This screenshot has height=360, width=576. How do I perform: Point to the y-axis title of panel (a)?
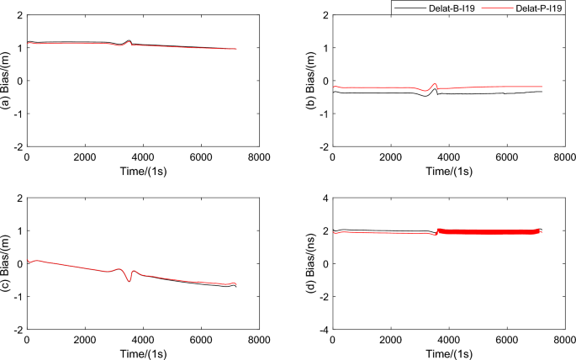[6, 81]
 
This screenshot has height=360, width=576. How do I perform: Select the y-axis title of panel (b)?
[311, 81]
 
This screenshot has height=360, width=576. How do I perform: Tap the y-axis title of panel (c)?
[6, 263]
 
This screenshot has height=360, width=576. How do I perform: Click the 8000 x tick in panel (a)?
[259, 156]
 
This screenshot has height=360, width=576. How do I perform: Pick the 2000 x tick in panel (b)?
[391, 156]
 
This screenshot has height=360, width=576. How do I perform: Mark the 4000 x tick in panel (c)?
[143, 339]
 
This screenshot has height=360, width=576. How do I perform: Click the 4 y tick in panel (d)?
[325, 199]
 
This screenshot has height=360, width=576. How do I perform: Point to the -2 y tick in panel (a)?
[17, 147]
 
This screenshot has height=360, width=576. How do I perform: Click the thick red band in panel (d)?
[488, 231]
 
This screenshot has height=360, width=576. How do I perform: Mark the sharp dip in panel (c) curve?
[129, 280]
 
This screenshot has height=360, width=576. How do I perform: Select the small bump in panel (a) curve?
[128, 40]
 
